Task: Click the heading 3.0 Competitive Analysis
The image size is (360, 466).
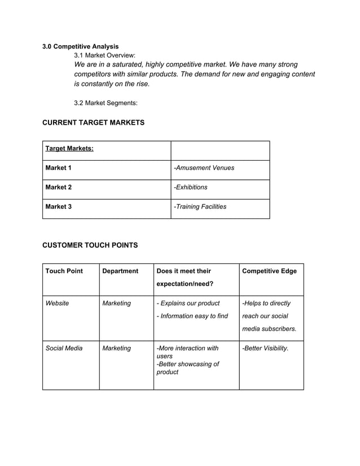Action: (81, 46)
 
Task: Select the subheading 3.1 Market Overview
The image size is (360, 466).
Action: (105, 55)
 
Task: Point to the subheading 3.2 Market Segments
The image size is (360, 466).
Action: (106, 103)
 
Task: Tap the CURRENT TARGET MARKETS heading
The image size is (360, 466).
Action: (94, 122)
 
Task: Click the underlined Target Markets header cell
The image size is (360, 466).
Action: (69, 148)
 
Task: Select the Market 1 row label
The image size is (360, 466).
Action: (59, 168)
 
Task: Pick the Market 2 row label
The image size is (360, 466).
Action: (59, 187)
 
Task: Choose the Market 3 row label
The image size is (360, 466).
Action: (59, 206)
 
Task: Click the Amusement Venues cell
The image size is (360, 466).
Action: (204, 168)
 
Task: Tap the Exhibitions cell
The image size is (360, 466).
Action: (191, 187)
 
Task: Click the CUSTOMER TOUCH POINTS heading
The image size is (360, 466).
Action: (90, 245)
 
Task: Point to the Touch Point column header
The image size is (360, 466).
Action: (64, 271)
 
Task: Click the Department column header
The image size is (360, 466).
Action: (120, 271)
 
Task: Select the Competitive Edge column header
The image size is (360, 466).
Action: (269, 271)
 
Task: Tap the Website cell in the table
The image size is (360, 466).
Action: (58, 303)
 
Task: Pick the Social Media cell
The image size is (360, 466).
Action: (64, 348)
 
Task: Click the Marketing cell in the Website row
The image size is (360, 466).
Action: (116, 303)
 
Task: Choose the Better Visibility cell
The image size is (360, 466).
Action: (265, 348)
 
